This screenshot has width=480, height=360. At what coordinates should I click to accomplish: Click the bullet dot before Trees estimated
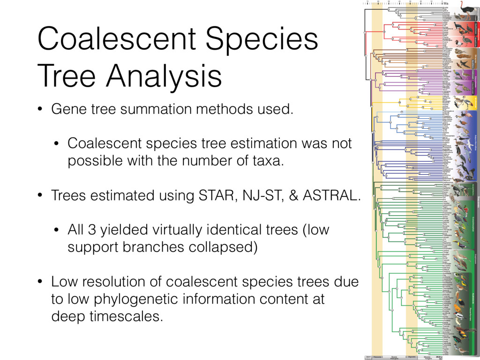(41, 195)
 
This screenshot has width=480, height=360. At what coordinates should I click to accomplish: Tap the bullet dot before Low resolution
(41, 282)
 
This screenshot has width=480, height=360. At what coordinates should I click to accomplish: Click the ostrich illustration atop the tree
(466, 10)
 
